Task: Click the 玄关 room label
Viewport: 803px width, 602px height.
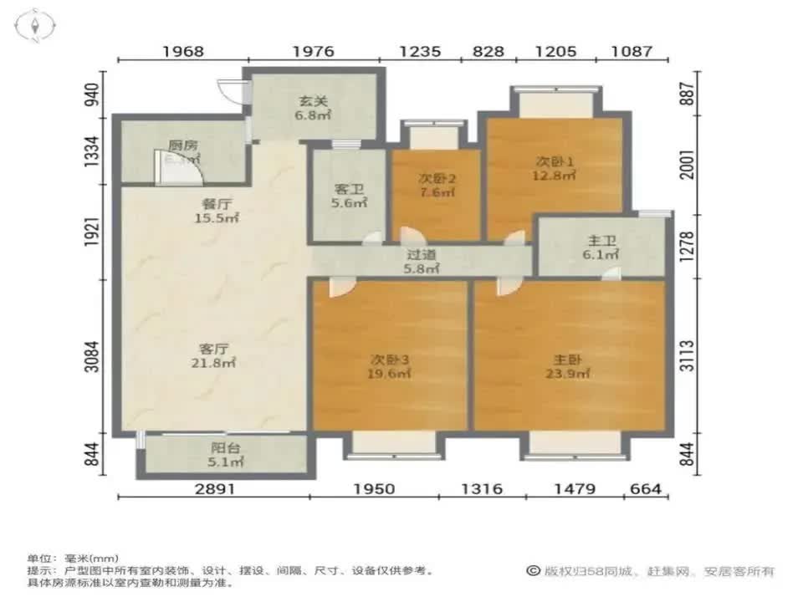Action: pos(315,103)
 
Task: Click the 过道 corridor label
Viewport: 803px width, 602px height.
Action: pos(422,254)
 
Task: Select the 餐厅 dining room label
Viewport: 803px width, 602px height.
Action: pos(217,203)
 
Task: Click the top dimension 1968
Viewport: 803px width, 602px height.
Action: pos(183,51)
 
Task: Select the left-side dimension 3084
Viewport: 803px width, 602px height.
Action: pos(98,356)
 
